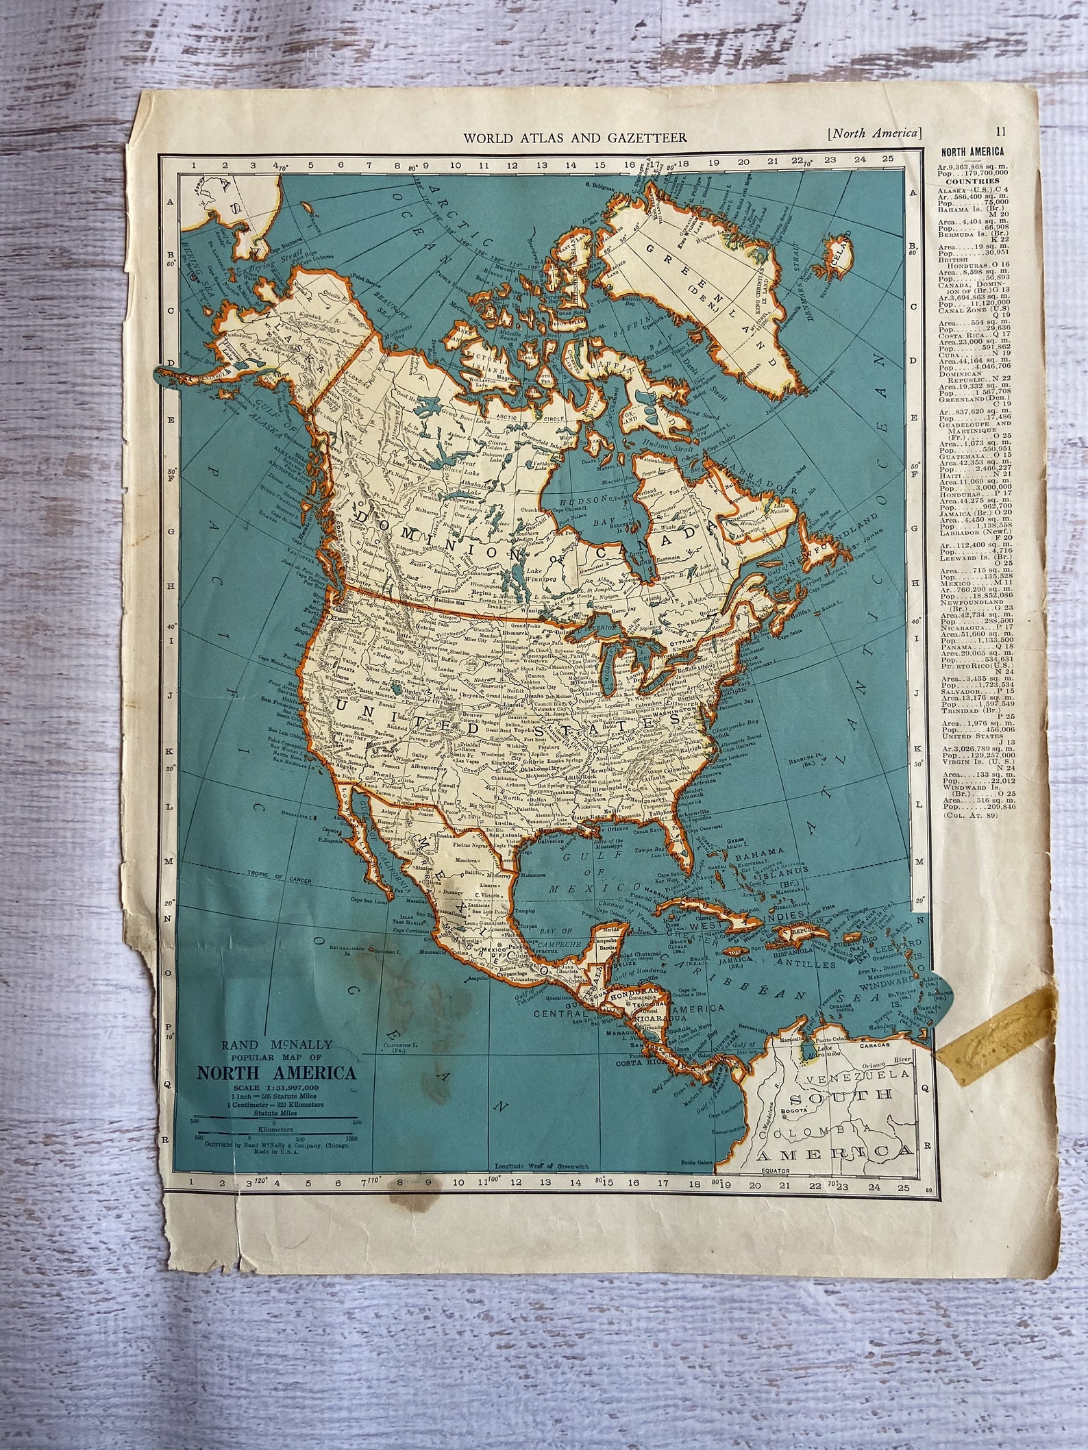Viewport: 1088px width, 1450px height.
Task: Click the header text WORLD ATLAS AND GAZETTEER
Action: click(x=576, y=137)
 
